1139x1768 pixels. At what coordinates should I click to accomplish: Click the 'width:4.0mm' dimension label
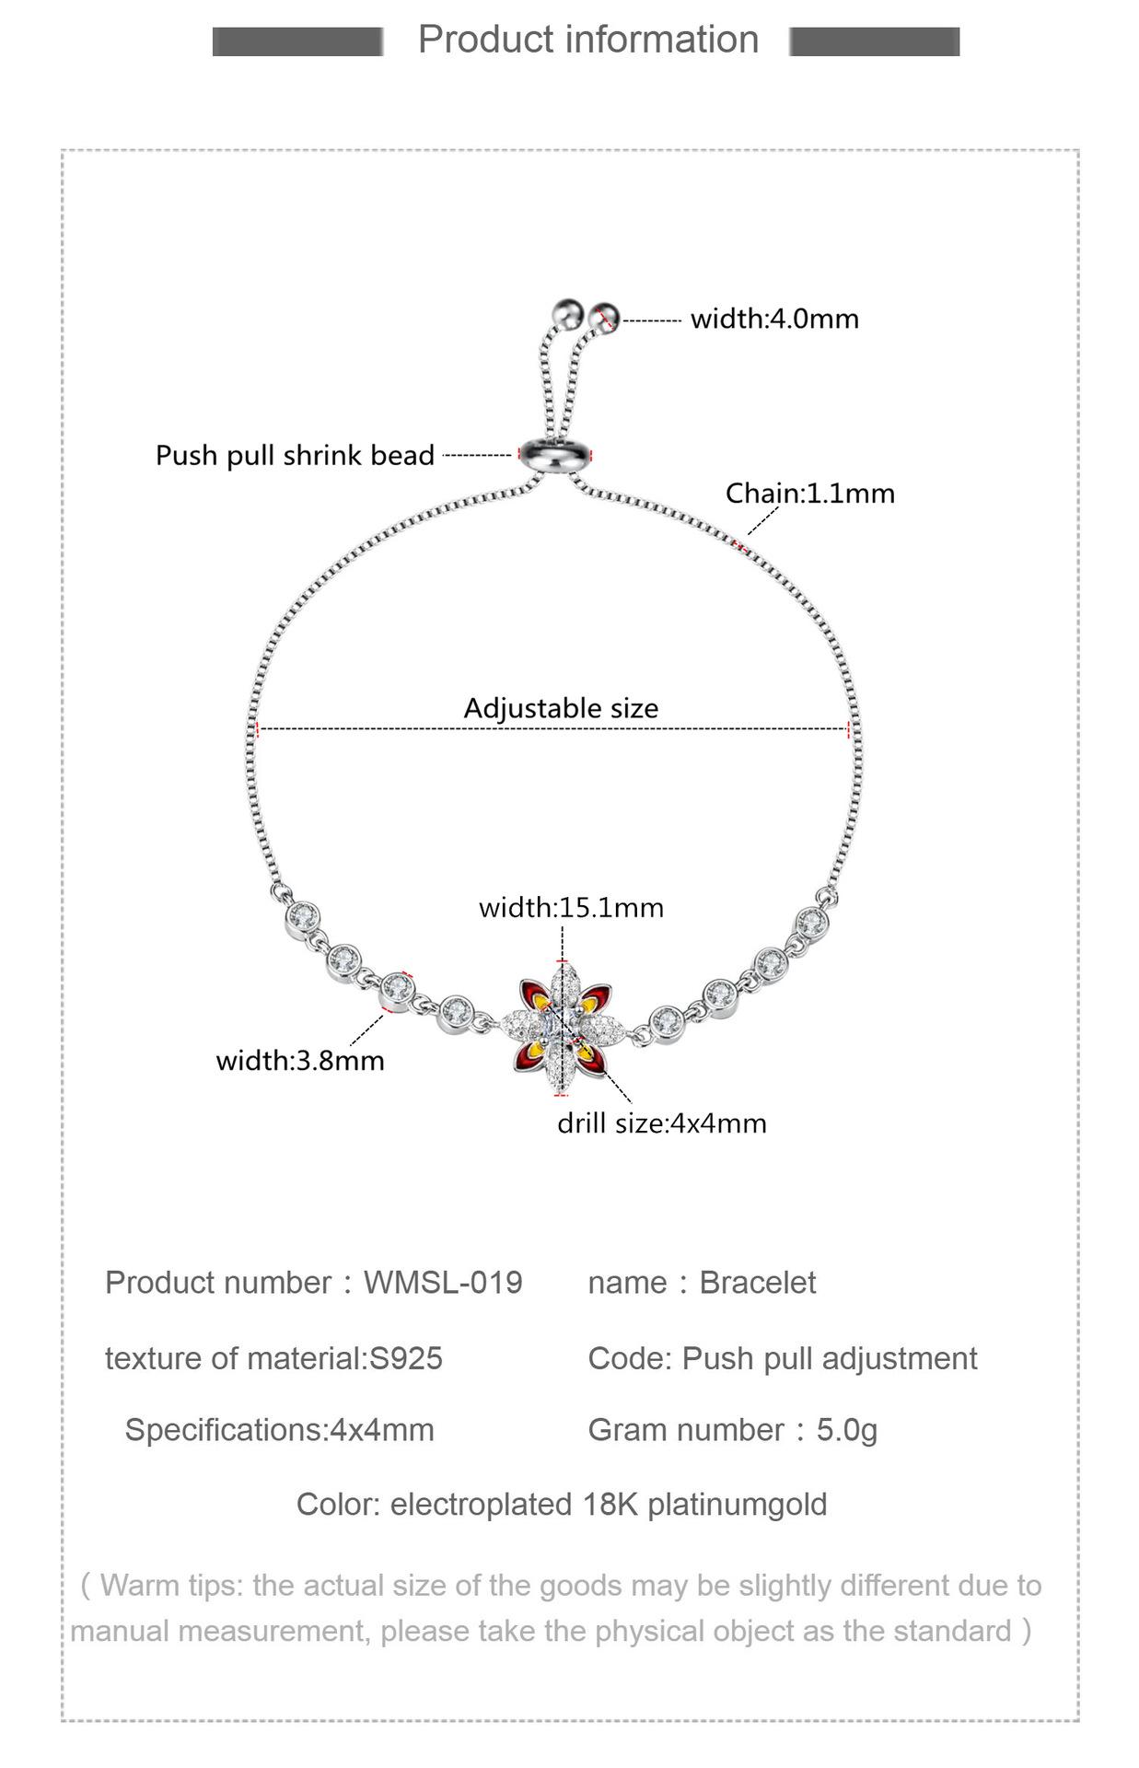pyautogui.click(x=773, y=320)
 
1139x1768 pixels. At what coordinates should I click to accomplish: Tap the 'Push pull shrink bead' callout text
pyautogui.click(x=295, y=456)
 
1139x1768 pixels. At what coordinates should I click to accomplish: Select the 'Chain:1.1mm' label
pyautogui.click(x=809, y=494)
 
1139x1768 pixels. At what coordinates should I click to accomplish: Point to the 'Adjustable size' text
pyautogui.click(x=561, y=708)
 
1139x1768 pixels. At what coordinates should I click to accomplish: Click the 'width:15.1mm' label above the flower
pyautogui.click(x=571, y=908)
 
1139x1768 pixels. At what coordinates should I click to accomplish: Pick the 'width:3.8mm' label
pyautogui.click(x=300, y=1061)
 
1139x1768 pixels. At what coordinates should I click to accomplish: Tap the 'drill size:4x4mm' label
pyautogui.click(x=661, y=1123)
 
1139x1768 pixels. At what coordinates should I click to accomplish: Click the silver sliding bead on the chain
pyautogui.click(x=554, y=455)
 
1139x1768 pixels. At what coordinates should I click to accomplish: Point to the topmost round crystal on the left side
pyautogui.click(x=302, y=916)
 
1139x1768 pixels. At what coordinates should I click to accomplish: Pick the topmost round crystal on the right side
pyautogui.click(x=812, y=921)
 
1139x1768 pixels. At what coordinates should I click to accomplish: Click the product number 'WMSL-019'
pyautogui.click(x=443, y=1283)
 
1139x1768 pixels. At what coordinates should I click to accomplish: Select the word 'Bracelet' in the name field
pyautogui.click(x=757, y=1283)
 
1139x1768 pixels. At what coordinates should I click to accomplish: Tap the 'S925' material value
pyautogui.click(x=406, y=1358)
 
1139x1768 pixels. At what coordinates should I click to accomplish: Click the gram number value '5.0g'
pyautogui.click(x=846, y=1430)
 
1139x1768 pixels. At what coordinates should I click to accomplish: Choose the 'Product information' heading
pyautogui.click(x=588, y=40)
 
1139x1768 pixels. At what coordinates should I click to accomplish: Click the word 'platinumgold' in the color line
pyautogui.click(x=737, y=1505)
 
